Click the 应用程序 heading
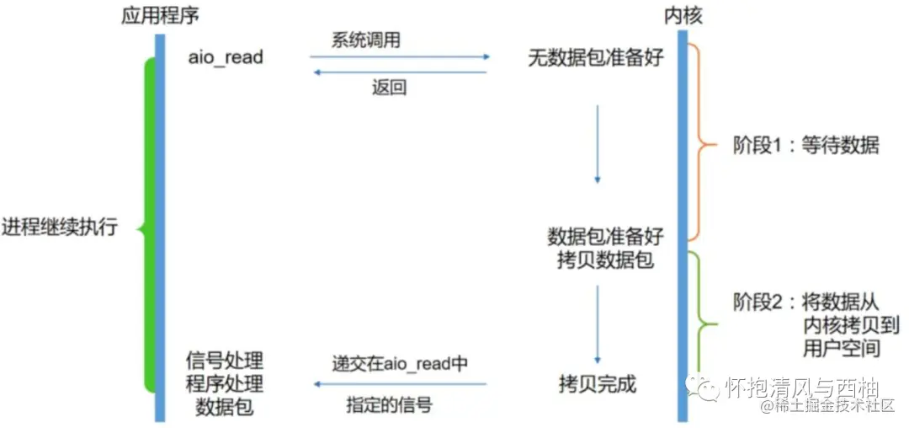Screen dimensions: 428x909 coord(160,15)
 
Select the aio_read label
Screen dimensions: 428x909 coord(226,57)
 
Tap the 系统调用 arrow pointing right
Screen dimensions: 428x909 coord(399,57)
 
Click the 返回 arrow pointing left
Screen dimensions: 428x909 coord(399,72)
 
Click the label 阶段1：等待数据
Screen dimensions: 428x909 coord(805,145)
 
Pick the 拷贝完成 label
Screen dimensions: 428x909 coord(598,385)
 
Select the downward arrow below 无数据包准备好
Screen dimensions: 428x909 coord(598,143)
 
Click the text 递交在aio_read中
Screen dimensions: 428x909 coord(400,363)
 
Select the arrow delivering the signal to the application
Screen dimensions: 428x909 coord(399,384)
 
